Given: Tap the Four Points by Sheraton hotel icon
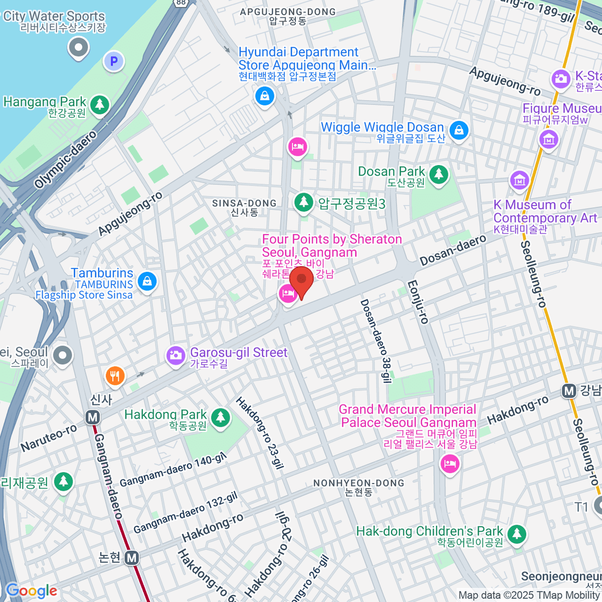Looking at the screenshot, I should [x=287, y=294].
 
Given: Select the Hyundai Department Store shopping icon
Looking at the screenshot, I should [x=264, y=95].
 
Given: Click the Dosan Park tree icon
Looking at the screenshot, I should [x=439, y=175].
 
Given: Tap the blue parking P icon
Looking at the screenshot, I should [x=114, y=62].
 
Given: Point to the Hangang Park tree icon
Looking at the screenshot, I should [x=100, y=104].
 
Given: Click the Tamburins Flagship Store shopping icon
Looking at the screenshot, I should [x=147, y=281].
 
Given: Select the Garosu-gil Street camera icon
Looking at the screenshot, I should [x=176, y=356].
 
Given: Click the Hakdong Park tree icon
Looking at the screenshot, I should [x=220, y=417].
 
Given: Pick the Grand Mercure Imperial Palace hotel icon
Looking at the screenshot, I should [x=449, y=463].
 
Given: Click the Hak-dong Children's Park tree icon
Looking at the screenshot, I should [x=516, y=534].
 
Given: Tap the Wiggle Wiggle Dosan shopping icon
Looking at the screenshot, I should [x=458, y=130].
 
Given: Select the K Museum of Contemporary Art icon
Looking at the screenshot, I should [x=519, y=180].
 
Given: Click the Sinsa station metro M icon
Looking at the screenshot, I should [x=92, y=417].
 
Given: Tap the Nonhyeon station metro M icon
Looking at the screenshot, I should [x=131, y=557].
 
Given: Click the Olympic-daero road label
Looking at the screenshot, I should [x=65, y=160].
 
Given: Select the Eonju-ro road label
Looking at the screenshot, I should [x=418, y=302].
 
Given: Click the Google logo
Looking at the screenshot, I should [x=31, y=590].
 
